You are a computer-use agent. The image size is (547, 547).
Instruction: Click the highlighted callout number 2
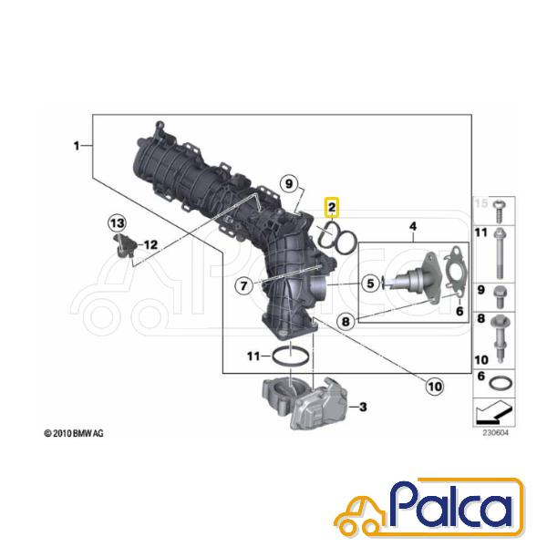(332, 207)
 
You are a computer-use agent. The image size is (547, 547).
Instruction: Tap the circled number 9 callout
(289, 183)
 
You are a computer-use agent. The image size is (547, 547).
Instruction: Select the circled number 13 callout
(118, 223)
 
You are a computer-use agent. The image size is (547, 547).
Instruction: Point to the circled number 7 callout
(243, 285)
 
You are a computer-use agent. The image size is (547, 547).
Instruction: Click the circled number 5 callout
(370, 284)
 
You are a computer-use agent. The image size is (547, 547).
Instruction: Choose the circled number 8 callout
(346, 321)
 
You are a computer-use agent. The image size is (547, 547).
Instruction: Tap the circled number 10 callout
(434, 387)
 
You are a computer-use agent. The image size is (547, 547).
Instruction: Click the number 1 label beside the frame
(77, 146)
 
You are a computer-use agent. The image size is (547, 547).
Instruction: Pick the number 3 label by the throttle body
(363, 407)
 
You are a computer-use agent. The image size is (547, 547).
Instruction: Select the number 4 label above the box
(413, 226)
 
